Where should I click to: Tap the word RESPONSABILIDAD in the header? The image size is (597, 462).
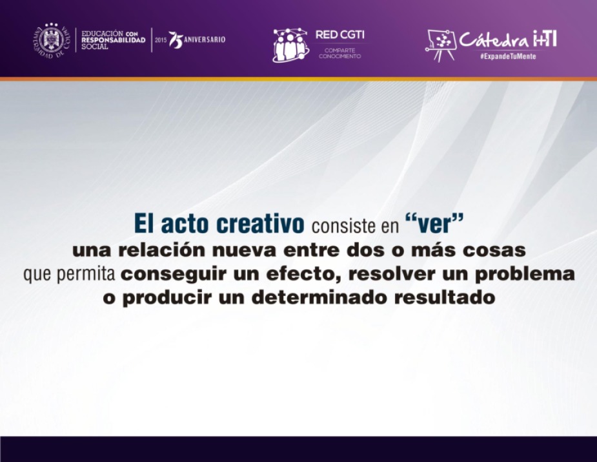114,40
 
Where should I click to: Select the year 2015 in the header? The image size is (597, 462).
161,39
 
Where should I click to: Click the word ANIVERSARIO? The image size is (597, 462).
205,39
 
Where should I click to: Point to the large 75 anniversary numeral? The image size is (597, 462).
176,40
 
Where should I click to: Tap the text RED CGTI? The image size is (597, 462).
339,35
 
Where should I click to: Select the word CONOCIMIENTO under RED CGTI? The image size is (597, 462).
339,56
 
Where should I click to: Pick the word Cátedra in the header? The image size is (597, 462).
494,39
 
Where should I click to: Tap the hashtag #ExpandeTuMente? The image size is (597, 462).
508,56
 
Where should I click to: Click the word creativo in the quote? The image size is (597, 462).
260,224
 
